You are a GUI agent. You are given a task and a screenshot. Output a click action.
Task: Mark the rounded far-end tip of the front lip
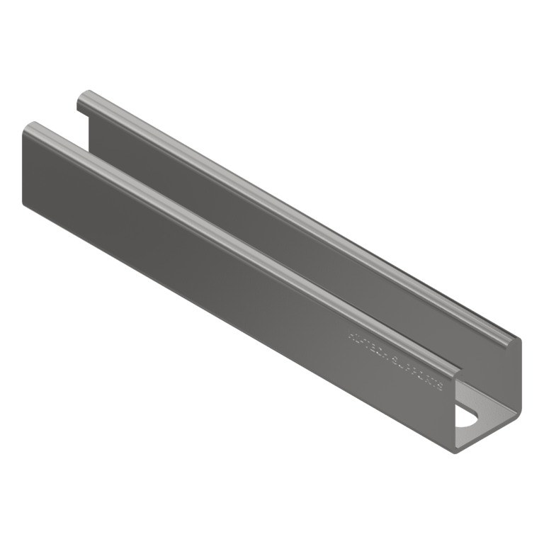click(x=30, y=128)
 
